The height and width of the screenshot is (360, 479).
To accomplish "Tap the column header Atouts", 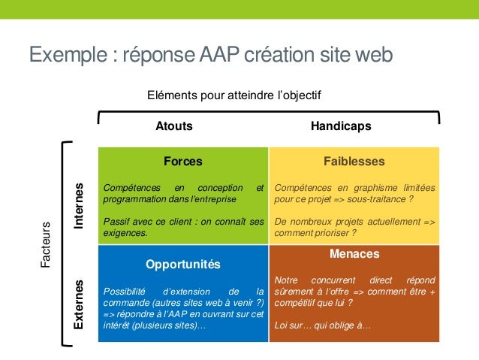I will coord(173,126).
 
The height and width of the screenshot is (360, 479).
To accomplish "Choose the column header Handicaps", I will coord(341,126).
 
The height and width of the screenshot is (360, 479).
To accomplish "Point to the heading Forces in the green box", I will coord(183,161).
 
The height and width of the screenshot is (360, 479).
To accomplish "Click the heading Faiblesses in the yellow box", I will coord(354,161).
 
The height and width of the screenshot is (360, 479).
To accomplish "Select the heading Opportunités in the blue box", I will coord(183,265).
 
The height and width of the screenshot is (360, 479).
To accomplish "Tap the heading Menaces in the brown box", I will coord(354,254).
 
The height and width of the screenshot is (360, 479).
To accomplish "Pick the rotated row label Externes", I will coord(80,305).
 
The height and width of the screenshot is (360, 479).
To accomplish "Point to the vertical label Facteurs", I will coord(46,244).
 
